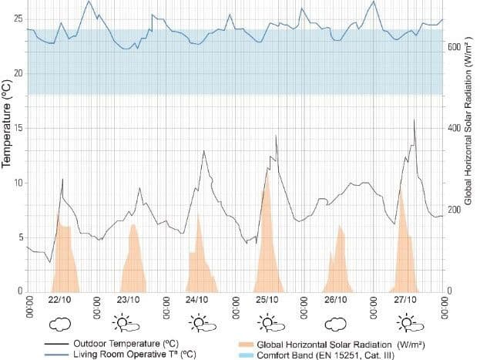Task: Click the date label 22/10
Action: point(60,299)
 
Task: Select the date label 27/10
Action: point(405,299)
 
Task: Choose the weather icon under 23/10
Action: point(128,321)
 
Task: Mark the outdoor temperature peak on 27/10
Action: point(415,120)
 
